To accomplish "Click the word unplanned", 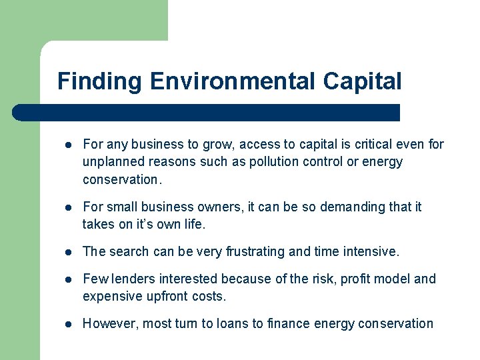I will coord(111,162).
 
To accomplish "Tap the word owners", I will coord(220,207).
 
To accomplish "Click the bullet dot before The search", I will coord(68,253).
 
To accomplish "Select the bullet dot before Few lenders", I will coord(68,279).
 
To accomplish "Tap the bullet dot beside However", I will coord(68,325).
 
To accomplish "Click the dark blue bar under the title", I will coord(207,113).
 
